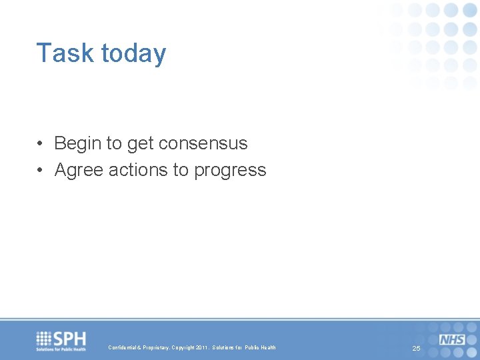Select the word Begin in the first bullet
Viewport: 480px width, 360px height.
pyautogui.click(x=75, y=143)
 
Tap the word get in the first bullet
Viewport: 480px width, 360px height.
pyautogui.click(x=137, y=143)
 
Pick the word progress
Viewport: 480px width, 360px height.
pyautogui.click(x=230, y=171)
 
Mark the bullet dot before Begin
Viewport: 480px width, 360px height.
pyautogui.click(x=41, y=144)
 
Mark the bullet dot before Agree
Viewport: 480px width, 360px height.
pyautogui.click(x=41, y=171)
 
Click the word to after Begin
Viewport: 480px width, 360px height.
pyautogui.click(x=110, y=143)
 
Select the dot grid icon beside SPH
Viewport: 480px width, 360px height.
pyautogui.click(x=44, y=337)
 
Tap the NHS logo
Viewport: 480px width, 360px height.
pyautogui.click(x=452, y=339)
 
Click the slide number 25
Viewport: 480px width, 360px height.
pyautogui.click(x=416, y=349)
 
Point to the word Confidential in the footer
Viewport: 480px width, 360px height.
pyautogui.click(x=123, y=348)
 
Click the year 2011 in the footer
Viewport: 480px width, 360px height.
pyautogui.click(x=202, y=348)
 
